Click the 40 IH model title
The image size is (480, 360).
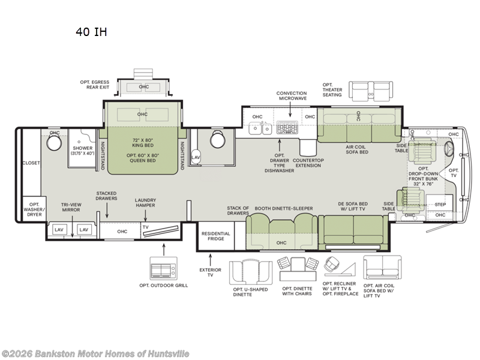point(91,32)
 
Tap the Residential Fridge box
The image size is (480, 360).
point(215,236)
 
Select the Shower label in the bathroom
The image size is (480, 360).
point(82,148)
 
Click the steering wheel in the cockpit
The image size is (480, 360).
point(449,149)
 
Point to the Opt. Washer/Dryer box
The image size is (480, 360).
point(34,209)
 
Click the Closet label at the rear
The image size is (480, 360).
point(31,163)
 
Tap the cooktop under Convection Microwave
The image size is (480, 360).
point(287,127)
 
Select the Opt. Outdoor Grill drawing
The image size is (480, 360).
point(163,268)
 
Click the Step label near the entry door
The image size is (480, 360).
point(440,205)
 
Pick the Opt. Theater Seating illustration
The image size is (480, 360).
point(371,91)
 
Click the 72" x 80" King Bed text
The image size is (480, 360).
point(143,143)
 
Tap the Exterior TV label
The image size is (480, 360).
point(211,272)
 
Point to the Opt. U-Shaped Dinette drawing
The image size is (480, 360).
point(251,272)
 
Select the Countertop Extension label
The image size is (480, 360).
point(308,163)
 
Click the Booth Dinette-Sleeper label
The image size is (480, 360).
point(284,208)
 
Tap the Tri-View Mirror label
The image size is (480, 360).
point(71,207)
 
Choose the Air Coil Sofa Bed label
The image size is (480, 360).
point(357,149)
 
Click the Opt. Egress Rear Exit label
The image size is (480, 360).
point(95,85)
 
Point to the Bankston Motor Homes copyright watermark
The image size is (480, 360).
point(95,354)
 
